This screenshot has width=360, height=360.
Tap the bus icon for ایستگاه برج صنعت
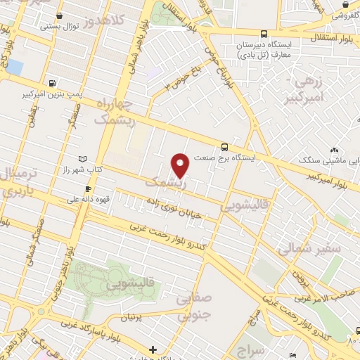pos(224,147)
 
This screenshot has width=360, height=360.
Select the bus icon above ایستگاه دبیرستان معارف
pos(264,33)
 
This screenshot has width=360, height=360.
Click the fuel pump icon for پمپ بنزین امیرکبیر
pos(53,82)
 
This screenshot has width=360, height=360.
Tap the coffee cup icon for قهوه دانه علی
pos(87,188)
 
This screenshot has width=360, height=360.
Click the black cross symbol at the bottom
pos(153,349)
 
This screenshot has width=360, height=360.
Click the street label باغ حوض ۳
pos(184,78)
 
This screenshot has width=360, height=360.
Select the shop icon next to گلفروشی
pos(345,4)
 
